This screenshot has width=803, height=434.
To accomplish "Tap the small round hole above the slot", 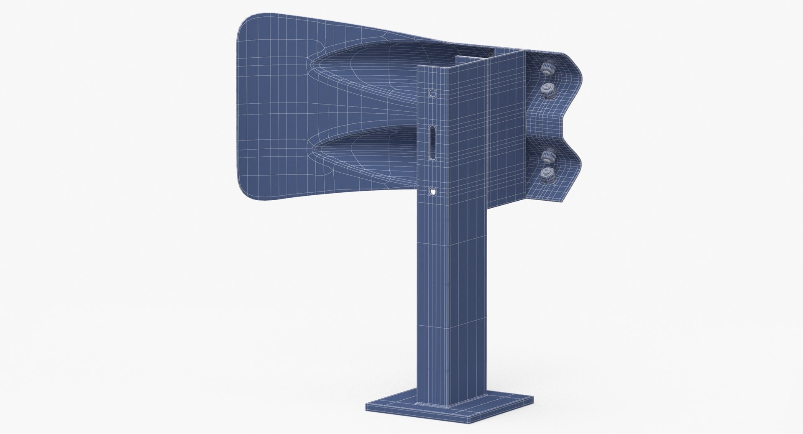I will pos(433,93).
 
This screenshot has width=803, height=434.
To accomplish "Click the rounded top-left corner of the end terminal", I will pos(245,25).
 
